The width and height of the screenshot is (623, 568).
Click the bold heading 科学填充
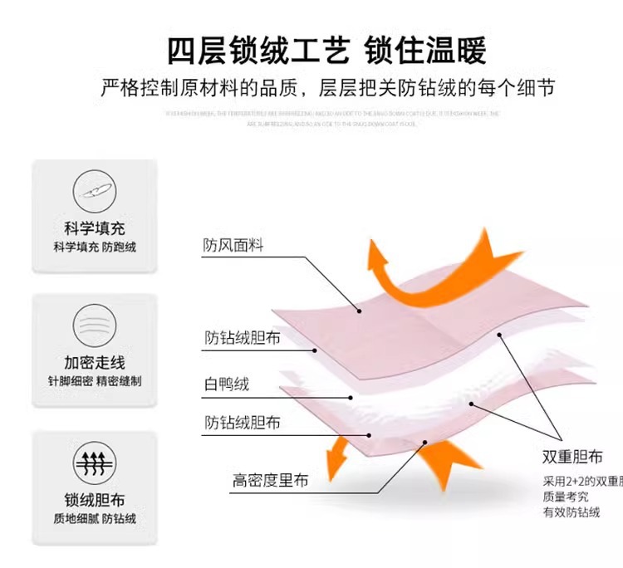click(95, 228)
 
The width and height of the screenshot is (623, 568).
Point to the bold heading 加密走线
click(95, 362)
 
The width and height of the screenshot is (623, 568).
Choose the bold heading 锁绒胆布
click(95, 500)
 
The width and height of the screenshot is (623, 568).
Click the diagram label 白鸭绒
click(227, 384)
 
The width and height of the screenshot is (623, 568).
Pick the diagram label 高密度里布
click(270, 480)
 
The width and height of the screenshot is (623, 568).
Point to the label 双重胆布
click(572, 457)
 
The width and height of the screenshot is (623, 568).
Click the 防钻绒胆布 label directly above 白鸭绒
click(242, 338)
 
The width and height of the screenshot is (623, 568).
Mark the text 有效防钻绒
click(571, 512)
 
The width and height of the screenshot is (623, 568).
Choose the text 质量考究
click(565, 497)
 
